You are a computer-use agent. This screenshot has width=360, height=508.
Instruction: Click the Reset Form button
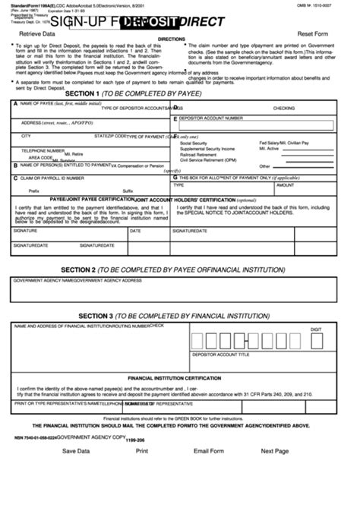pyautogui.click(x=317, y=35)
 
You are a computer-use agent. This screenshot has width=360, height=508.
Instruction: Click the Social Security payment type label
pyautogui.click(x=193, y=143)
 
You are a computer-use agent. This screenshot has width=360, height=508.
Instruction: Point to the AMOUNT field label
pyautogui.click(x=285, y=185)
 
